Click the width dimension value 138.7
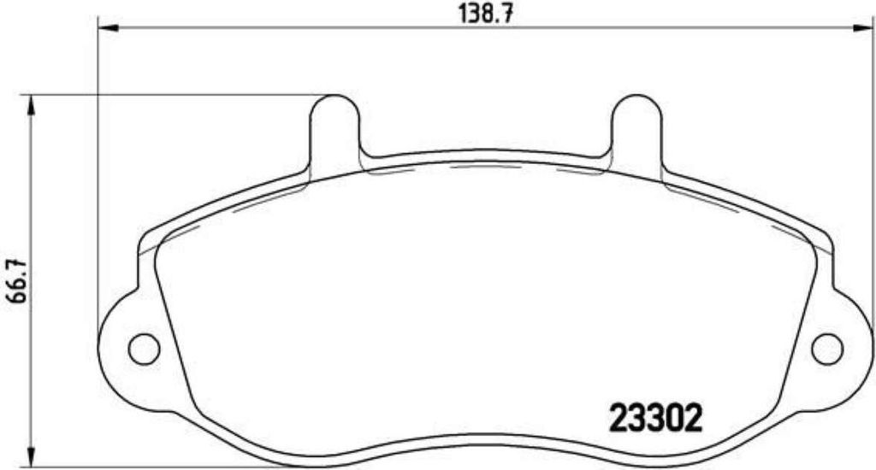(x=486, y=14)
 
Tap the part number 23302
(x=655, y=419)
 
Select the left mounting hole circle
(x=144, y=349)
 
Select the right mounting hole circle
(x=827, y=349)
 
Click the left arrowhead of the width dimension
(x=109, y=27)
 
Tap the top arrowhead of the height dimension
(x=32, y=105)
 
